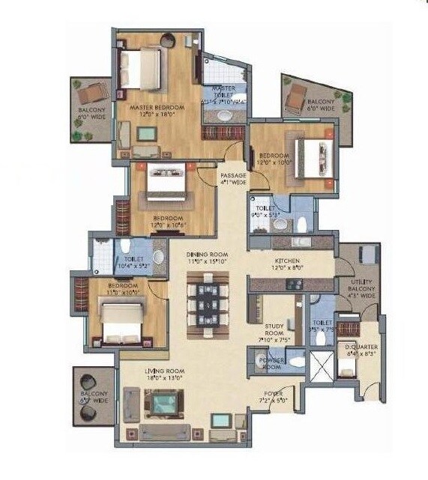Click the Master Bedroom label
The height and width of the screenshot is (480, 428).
coord(157,111)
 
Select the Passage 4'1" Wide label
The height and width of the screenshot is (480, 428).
coord(233,178)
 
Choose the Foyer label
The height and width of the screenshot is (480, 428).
coord(272,395)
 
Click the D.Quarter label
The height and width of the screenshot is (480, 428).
coord(361,350)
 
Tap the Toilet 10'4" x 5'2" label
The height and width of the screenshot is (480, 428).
coord(123,260)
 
